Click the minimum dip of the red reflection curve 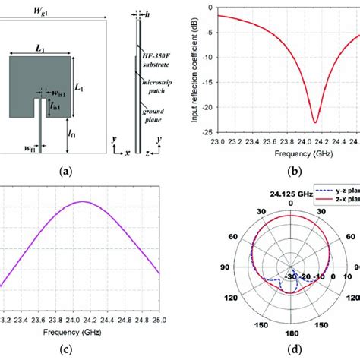click(x=314, y=121)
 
